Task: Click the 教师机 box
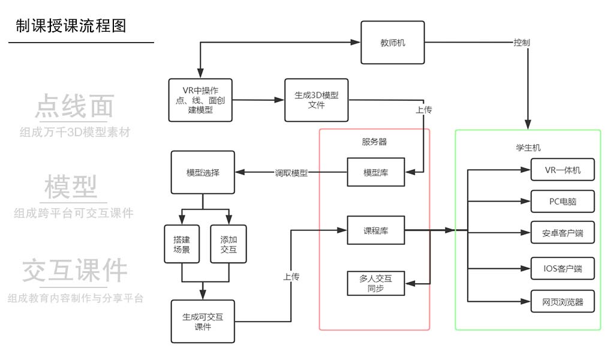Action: (x=393, y=43)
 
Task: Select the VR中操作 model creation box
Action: (x=200, y=100)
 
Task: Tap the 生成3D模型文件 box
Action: (x=316, y=100)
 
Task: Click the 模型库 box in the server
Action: (x=376, y=172)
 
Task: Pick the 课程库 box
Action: (x=376, y=230)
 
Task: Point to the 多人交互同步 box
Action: (x=376, y=283)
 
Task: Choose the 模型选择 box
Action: (x=203, y=172)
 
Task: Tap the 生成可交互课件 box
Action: (x=203, y=321)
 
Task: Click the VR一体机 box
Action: (x=563, y=170)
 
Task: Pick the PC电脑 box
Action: (x=563, y=201)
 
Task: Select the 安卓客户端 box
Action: (x=563, y=233)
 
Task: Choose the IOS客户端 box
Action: (x=563, y=269)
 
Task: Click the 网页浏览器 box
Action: (x=563, y=302)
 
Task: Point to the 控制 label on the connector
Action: (x=521, y=43)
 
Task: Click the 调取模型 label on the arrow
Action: (x=291, y=173)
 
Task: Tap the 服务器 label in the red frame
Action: (x=374, y=142)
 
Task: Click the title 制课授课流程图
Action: (x=71, y=26)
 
